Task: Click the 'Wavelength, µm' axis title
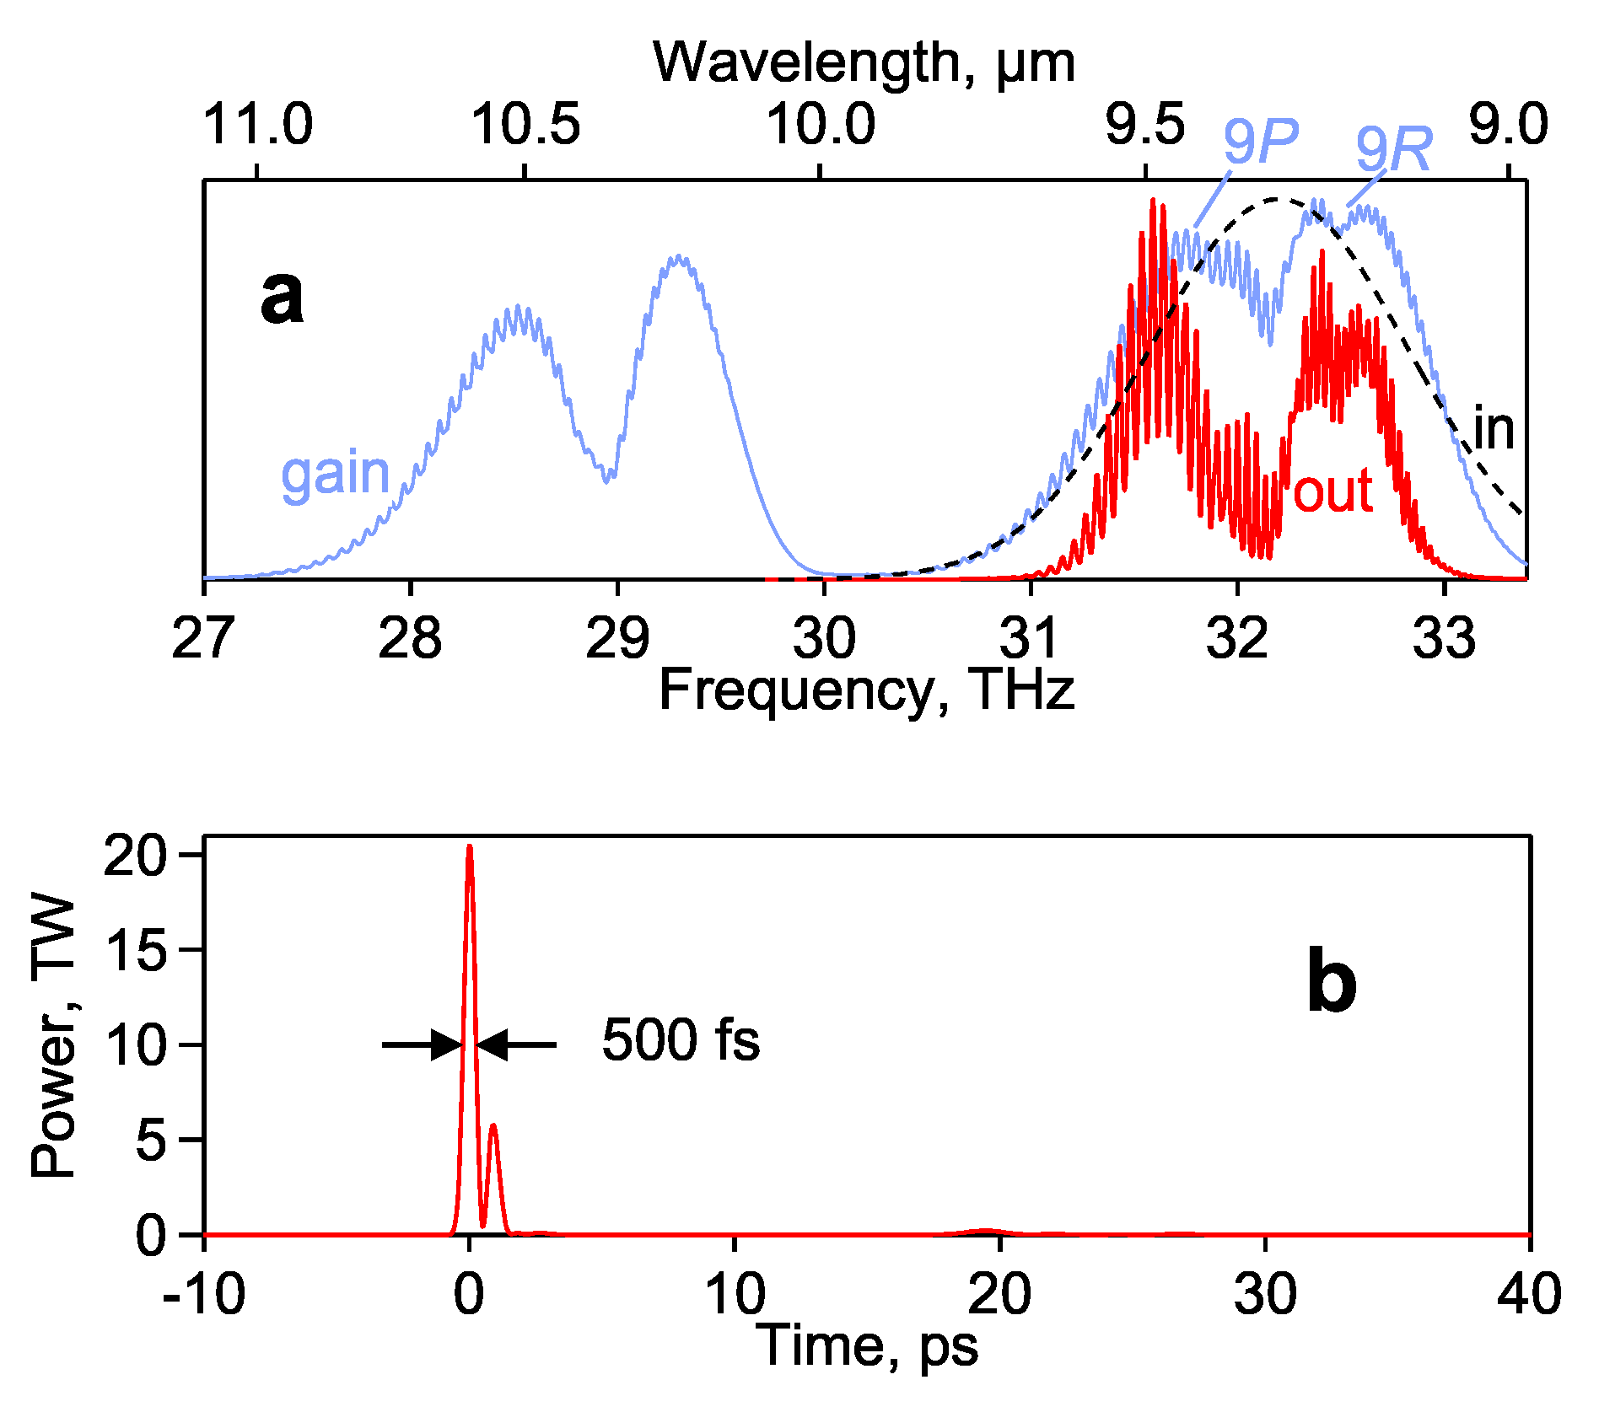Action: [864, 62]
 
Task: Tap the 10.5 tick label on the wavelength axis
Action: [525, 124]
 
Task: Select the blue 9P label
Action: [1260, 141]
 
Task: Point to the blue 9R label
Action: [1393, 150]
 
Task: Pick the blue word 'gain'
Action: [335, 474]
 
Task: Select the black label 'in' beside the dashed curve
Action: [1494, 429]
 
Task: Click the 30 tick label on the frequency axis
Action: [824, 638]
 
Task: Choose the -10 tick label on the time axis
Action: [203, 1294]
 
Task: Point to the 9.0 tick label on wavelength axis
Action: [1508, 124]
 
